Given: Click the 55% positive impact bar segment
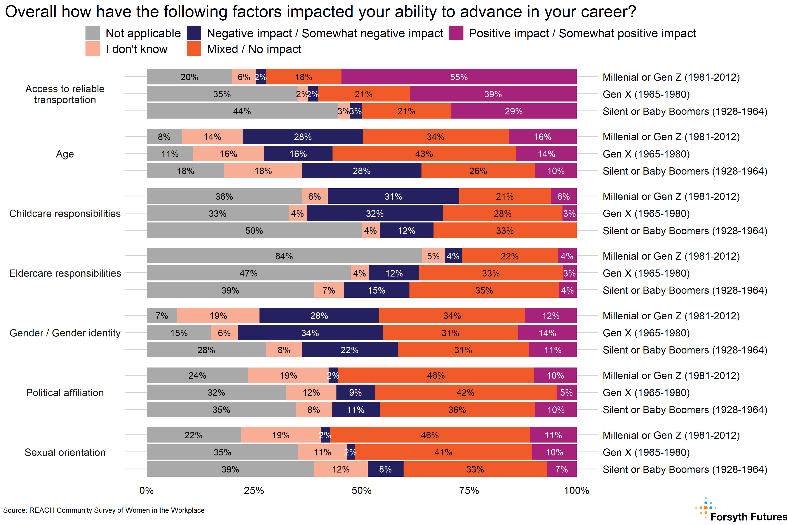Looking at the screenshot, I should pos(459,77).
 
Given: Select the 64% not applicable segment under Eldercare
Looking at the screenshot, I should pos(284,256).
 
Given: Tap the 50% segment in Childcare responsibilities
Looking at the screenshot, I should pos(254,231).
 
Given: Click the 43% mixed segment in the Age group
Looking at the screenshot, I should pos(424,154).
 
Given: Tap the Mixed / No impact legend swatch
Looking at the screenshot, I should pos(194,49).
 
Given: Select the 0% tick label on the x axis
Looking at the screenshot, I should pos(146,490).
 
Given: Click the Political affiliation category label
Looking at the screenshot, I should pos(65,392).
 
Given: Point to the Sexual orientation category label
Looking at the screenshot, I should pos(65,452).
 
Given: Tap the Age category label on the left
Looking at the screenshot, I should pos(65,154).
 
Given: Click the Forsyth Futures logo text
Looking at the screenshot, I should pos(748,517).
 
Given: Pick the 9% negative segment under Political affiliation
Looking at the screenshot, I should pos(355,392).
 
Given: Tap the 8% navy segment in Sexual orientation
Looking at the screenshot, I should pos(385,469).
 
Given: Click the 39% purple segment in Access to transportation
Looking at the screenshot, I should pos(493,94).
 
